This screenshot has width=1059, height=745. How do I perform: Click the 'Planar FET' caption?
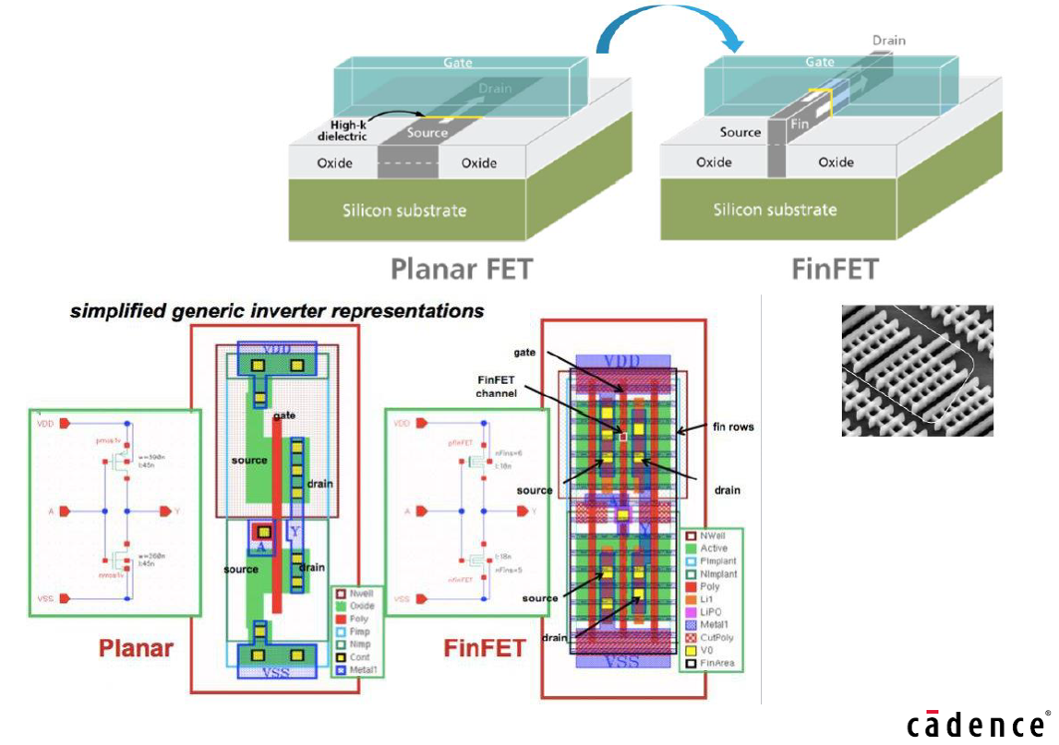(462, 269)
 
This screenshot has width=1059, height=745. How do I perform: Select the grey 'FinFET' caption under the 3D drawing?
(835, 269)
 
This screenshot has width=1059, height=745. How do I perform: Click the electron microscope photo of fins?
(917, 370)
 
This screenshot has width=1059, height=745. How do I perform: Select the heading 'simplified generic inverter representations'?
(277, 311)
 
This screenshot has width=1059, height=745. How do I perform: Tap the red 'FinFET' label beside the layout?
(484, 647)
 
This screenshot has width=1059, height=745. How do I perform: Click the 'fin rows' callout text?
(734, 427)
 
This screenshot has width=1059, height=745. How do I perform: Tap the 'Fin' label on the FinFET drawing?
(797, 121)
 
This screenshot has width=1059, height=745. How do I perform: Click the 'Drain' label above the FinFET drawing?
(889, 41)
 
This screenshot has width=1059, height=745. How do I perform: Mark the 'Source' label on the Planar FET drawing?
(427, 133)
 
